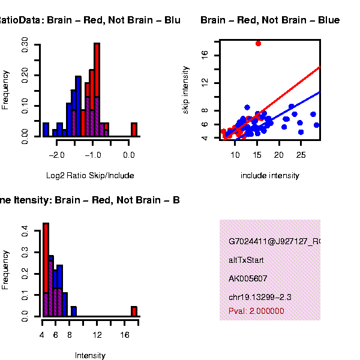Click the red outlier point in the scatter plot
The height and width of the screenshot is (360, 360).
coord(258,43)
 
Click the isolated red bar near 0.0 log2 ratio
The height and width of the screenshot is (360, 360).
coord(134,130)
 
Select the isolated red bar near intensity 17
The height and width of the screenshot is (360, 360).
coord(134,311)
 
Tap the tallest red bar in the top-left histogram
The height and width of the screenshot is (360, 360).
coord(97,90)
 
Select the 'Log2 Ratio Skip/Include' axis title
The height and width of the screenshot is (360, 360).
coord(90,176)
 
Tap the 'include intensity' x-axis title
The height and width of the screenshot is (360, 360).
coord(270,176)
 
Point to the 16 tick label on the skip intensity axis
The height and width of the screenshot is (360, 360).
coord(205,55)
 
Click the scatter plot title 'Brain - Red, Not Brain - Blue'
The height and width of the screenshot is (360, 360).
coord(270,20)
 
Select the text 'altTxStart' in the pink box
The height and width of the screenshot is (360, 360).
coord(246,260)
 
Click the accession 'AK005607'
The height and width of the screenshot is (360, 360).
coord(248,279)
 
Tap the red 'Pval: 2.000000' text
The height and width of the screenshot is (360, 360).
coord(256,311)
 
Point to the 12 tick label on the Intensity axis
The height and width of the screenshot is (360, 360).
coord(97,334)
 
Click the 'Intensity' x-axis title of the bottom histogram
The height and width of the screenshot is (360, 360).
coord(90,356)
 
